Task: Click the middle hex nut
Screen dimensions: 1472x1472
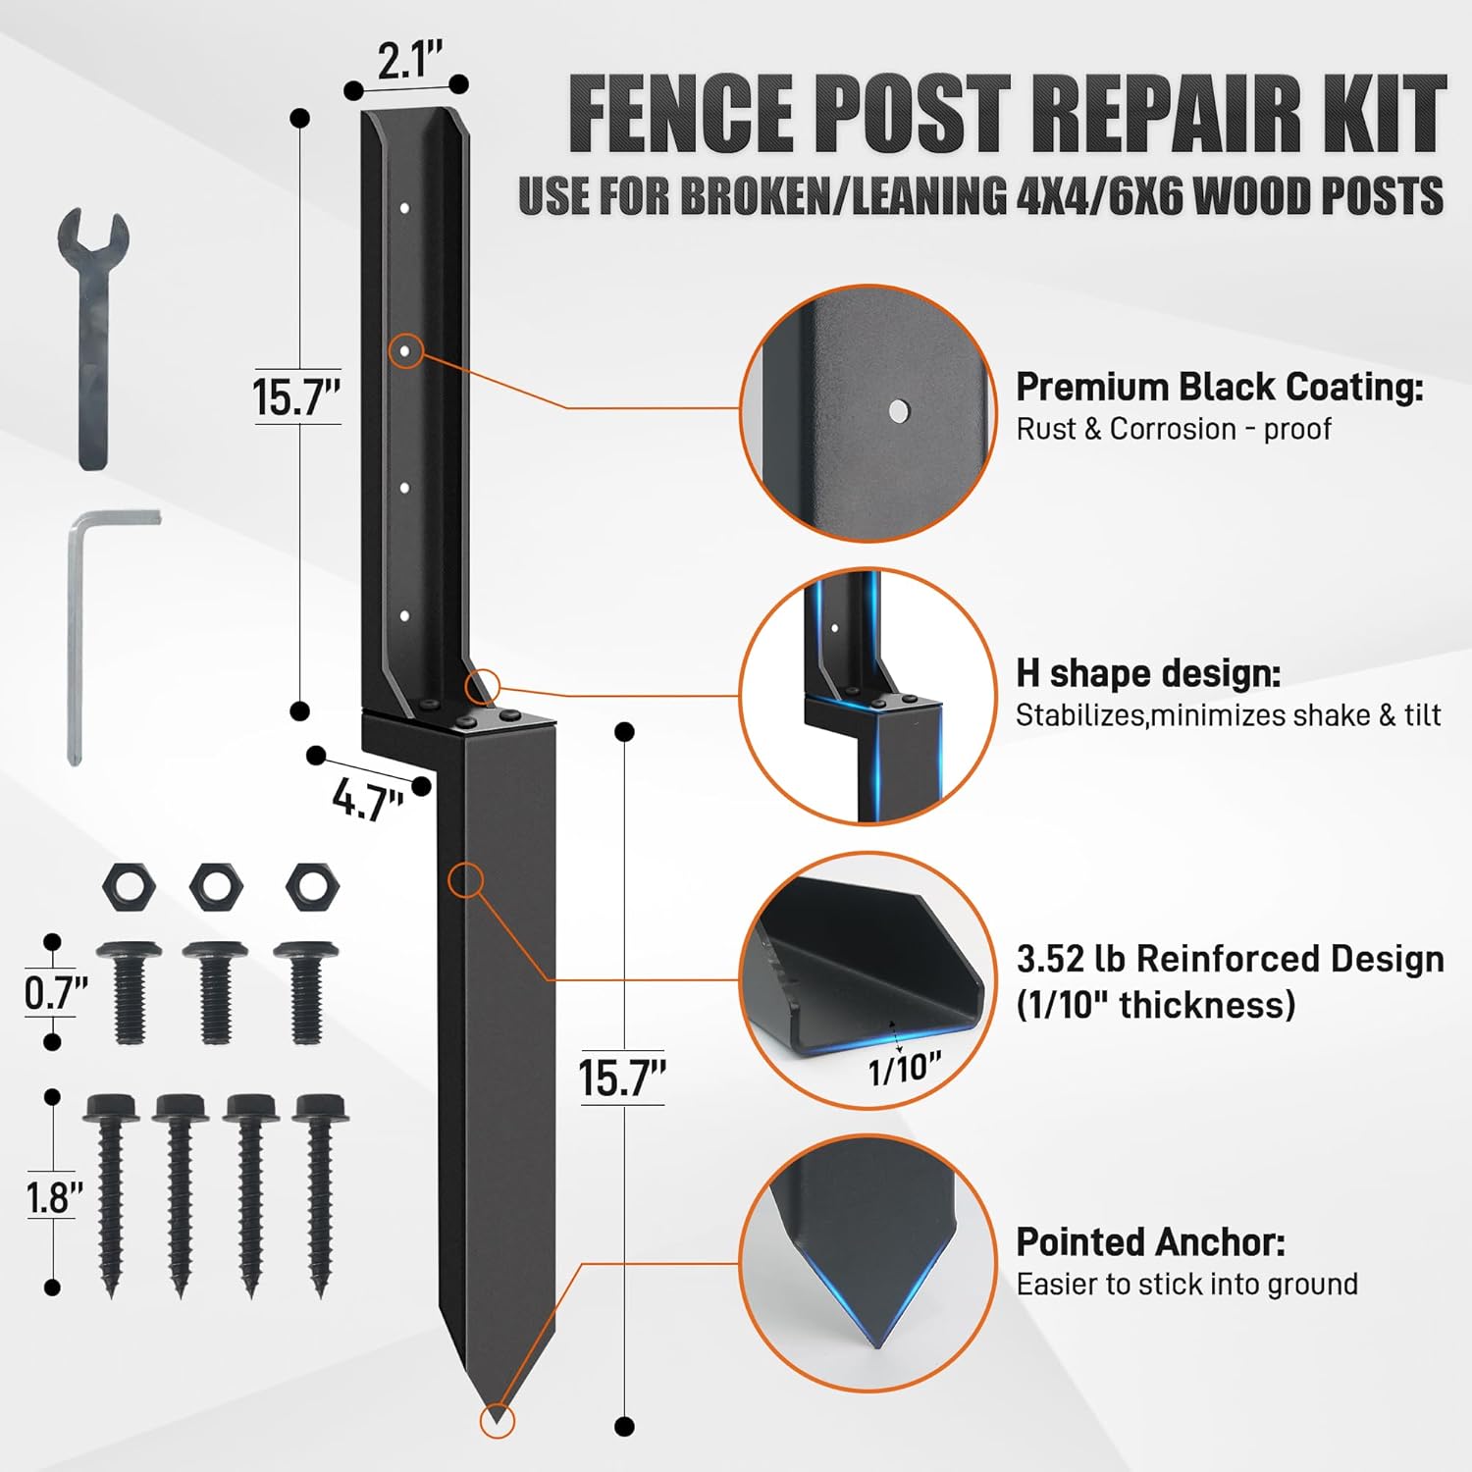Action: click(213, 886)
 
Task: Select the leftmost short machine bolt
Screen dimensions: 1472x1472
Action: click(129, 991)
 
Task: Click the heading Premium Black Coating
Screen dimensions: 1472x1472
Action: click(1219, 387)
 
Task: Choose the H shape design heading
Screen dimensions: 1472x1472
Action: click(1148, 673)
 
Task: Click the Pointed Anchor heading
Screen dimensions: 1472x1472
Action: click(1150, 1241)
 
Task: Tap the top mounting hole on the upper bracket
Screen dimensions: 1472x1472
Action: click(404, 208)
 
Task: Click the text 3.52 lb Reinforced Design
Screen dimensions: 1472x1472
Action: click(1230, 958)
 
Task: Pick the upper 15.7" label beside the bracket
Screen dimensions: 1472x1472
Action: click(295, 397)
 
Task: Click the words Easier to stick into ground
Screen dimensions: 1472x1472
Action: click(1186, 1284)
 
